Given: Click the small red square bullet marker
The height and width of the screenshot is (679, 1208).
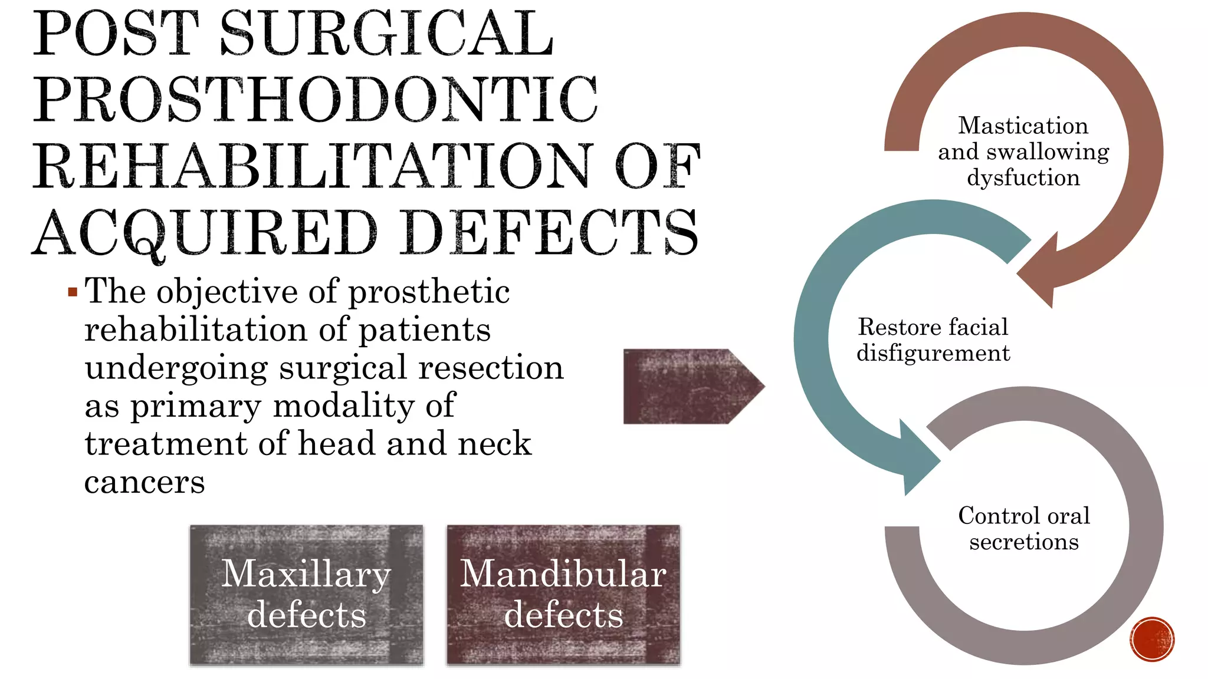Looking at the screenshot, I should point(73,292).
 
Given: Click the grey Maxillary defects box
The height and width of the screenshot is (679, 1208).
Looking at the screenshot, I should point(306,595).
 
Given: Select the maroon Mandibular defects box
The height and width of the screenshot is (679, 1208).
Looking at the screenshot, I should point(563,595).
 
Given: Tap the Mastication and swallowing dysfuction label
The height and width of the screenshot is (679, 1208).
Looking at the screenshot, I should point(1023,151).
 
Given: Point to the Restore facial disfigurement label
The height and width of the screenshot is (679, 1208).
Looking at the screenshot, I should point(933,340).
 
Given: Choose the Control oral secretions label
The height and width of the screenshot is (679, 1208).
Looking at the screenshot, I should point(1024,528).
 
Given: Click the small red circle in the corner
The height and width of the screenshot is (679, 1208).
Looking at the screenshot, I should point(1152,640).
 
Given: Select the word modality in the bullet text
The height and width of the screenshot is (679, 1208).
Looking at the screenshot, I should point(344,406).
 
